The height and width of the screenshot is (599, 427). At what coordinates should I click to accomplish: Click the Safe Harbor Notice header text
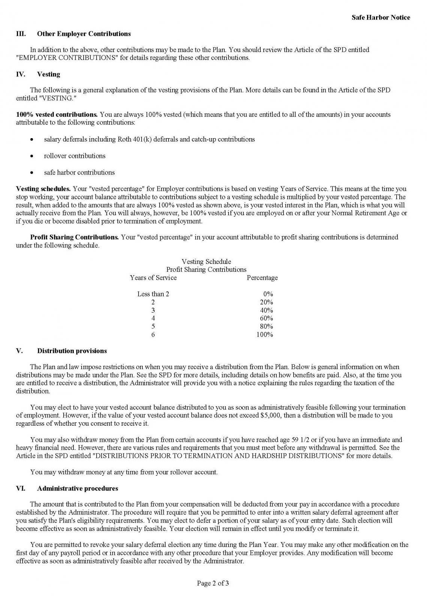point(381,18)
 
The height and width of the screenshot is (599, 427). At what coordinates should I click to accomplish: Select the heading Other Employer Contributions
point(84,34)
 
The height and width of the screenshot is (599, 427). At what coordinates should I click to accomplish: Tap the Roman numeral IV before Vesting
point(21,74)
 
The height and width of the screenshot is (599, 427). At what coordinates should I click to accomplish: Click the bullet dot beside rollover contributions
point(33,156)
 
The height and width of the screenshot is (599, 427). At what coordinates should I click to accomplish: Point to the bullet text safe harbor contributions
point(79,173)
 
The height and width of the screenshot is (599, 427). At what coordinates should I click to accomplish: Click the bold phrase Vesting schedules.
point(43,189)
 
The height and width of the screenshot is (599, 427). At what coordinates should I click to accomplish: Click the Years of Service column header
point(153,278)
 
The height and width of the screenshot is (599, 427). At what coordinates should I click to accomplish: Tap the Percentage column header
point(262,278)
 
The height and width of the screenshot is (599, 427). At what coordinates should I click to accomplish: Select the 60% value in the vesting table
point(267,318)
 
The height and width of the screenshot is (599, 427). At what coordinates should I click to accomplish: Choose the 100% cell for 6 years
point(265,335)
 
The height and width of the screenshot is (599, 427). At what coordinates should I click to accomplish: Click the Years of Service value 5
point(153,326)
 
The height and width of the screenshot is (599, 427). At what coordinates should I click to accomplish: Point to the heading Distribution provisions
point(72,351)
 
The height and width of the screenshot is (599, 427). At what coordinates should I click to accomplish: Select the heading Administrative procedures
point(78,489)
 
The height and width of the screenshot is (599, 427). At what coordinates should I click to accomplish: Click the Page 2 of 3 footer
point(213,583)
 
